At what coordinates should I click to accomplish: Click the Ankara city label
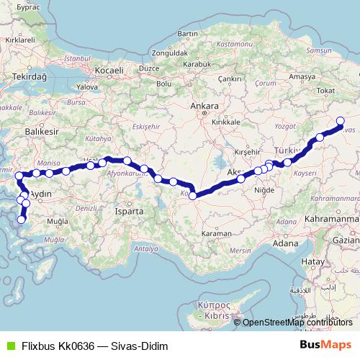point(204,107)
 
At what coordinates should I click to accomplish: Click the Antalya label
point(145,248)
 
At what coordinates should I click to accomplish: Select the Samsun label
point(318,52)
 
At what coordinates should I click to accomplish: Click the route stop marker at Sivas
point(341,122)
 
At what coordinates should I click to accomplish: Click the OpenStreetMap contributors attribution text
point(297,322)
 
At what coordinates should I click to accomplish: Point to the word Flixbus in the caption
point(37,345)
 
